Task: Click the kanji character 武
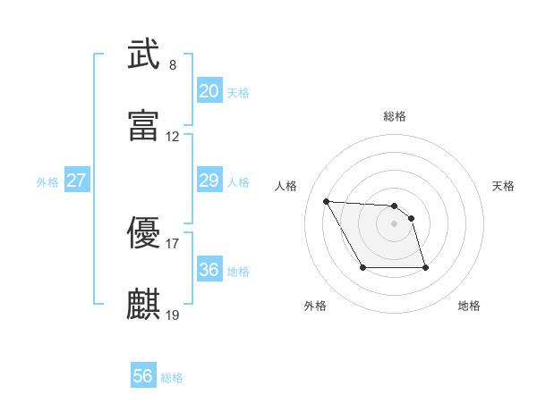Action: pos(143,55)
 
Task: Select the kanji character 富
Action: pos(143,127)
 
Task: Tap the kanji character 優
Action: pos(143,234)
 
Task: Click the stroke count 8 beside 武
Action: pos(172,65)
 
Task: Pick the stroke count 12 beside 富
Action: pos(173,137)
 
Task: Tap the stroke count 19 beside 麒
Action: pos(173,315)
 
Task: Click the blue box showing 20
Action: pos(209,91)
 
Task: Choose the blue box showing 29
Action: pos(209,181)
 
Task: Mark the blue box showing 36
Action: pos(209,270)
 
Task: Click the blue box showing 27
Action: pos(76,181)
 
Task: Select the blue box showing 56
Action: pos(143,377)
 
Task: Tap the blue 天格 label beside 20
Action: pos(238,93)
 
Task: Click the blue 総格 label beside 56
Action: pos(172,378)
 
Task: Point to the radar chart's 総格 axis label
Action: pos(395,116)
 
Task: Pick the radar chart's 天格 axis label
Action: pos(503,186)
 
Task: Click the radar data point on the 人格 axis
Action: pos(327,200)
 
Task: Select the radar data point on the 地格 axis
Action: pos(425,267)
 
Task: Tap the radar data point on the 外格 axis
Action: pos(362,267)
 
